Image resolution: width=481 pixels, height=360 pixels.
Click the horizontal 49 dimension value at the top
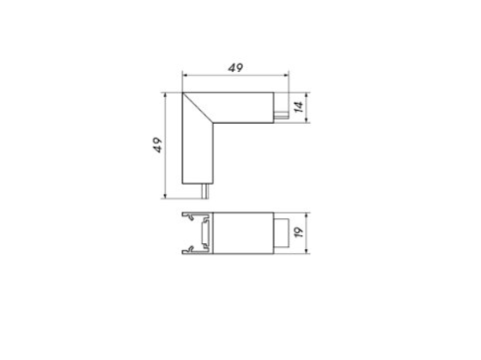pos(236,68)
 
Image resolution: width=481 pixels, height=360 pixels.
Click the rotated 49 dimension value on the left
pos(158,145)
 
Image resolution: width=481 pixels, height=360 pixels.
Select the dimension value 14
pos(298,107)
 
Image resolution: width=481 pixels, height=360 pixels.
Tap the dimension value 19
pos(299,232)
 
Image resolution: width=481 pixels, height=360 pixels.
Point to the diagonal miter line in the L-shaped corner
pos(198,108)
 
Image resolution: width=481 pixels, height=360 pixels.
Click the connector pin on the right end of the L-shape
pos(281,115)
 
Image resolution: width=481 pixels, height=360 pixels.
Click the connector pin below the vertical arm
pos(205,191)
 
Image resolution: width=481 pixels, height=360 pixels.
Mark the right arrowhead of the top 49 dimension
pos(285,76)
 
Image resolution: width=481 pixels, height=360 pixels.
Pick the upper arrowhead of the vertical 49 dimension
pos(165,96)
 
